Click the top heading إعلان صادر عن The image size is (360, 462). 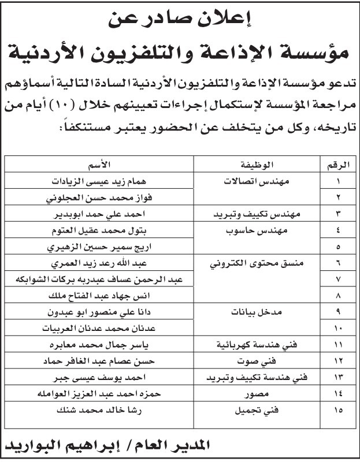point(180,21)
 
